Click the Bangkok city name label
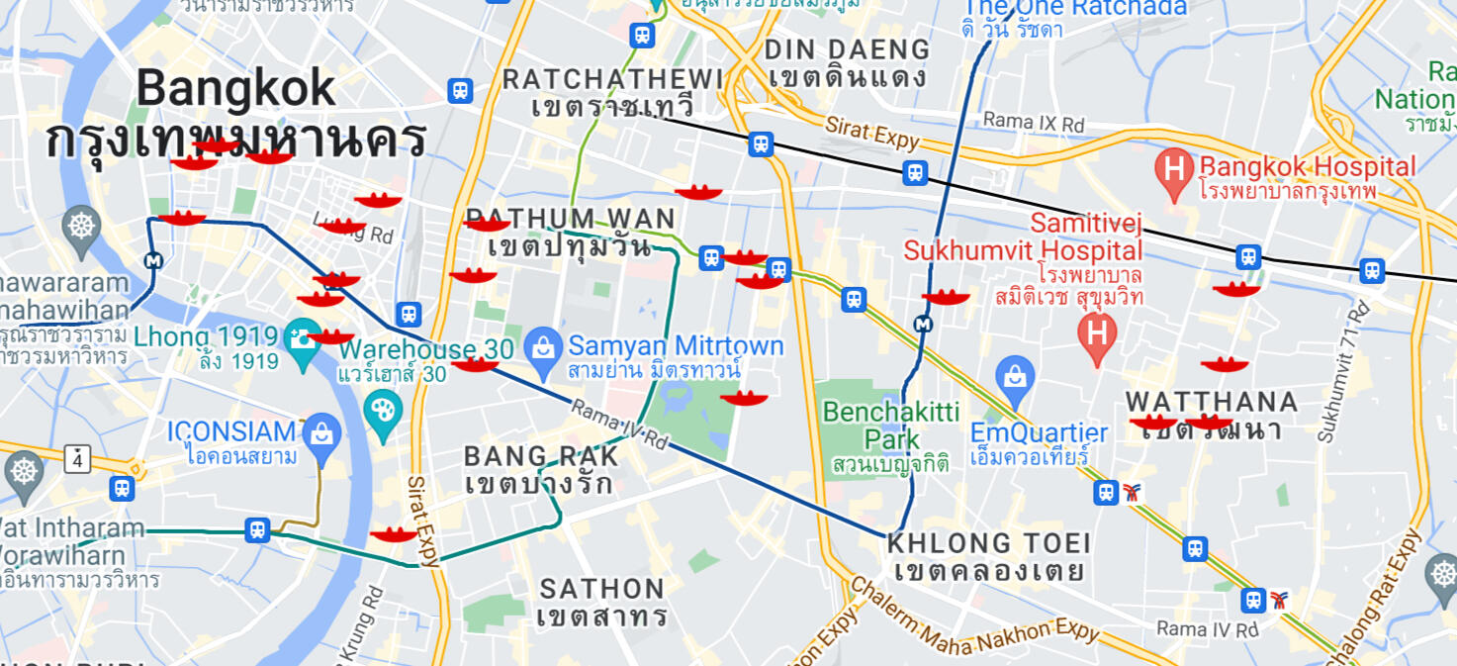[235, 89]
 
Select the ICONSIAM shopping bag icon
[322, 433]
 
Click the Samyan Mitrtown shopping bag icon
[542, 346]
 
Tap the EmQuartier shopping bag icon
[1016, 375]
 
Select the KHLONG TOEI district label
[989, 543]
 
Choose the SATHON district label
[601, 590]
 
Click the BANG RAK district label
[542, 456]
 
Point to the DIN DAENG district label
[848, 49]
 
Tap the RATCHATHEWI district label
[612, 79]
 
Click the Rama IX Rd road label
[1034, 124]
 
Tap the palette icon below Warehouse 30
[382, 408]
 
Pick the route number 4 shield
[77, 458]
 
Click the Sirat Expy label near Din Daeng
[873, 132]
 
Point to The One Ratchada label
[1074, 9]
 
